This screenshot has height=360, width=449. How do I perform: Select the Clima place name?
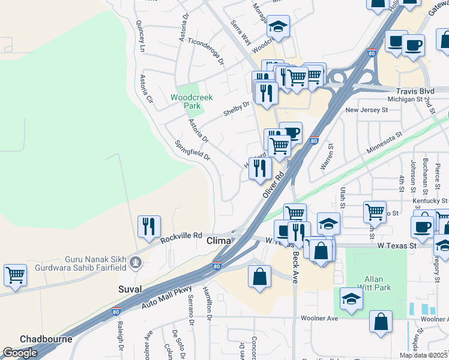click(x=219, y=241)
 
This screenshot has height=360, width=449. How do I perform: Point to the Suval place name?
click(x=130, y=289)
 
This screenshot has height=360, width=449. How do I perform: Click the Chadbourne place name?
click(x=46, y=339)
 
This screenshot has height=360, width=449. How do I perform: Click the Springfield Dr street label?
click(x=192, y=151)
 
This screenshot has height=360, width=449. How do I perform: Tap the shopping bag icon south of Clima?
click(x=259, y=277)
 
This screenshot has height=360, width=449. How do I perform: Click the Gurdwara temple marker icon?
click(x=137, y=262)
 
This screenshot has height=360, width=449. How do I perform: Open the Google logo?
click(x=20, y=353)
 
